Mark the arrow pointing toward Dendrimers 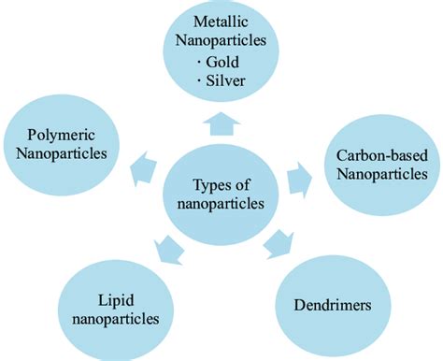click(x=276, y=246)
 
